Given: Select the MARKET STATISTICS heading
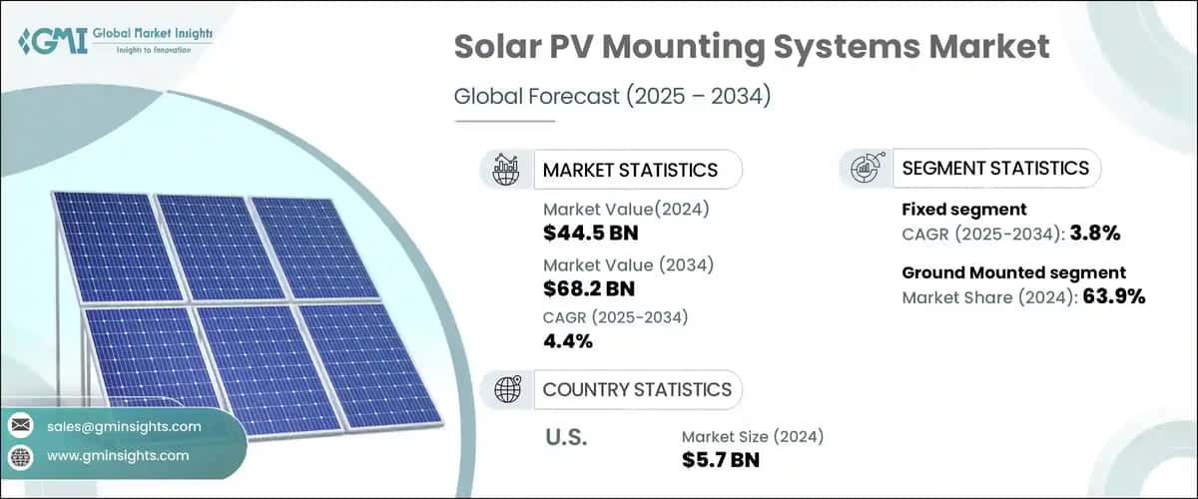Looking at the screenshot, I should [x=630, y=170].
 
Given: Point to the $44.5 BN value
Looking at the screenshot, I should [x=591, y=234].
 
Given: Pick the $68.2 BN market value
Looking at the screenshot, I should [x=591, y=288].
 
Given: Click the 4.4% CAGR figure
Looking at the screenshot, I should [x=568, y=341].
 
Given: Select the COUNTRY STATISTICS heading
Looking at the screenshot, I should [x=637, y=389].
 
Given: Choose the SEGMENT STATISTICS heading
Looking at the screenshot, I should [x=995, y=168].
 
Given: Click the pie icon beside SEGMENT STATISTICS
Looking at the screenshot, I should [x=865, y=168].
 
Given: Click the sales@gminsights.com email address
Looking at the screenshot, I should [x=124, y=426].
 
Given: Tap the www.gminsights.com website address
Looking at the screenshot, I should [x=118, y=455].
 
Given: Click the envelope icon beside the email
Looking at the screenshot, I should [x=21, y=426].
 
